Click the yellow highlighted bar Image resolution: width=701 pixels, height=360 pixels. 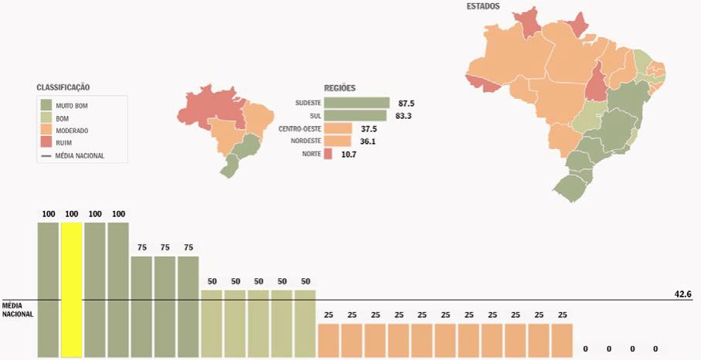[x=71, y=290]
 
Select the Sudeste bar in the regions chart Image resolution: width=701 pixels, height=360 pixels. [x=356, y=103]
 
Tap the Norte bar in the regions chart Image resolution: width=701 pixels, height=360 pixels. [x=328, y=155]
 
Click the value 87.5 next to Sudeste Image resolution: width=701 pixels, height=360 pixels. [x=407, y=103]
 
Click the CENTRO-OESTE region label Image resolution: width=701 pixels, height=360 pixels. [x=300, y=129]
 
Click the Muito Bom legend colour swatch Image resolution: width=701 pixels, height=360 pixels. [x=46, y=105]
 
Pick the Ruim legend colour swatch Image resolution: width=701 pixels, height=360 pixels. [x=46, y=143]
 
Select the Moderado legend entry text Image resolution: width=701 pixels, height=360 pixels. [x=73, y=131]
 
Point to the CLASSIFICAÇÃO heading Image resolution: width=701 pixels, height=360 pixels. [x=68, y=87]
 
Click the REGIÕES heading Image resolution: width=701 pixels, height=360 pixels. [x=340, y=88]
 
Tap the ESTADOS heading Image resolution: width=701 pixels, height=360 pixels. [x=483, y=6]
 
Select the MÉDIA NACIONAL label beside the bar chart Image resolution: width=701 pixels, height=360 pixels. [x=18, y=309]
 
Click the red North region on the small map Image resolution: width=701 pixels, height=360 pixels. [x=209, y=108]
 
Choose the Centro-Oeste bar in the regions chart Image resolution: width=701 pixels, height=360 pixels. [x=339, y=129]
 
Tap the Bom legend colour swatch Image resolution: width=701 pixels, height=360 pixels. [x=46, y=118]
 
